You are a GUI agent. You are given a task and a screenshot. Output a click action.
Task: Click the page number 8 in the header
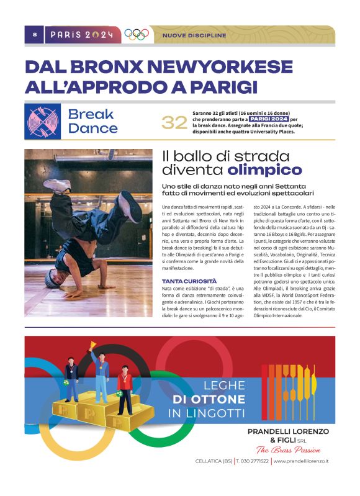click(34, 35)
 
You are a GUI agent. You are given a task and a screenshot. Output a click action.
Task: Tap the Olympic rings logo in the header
click(137, 35)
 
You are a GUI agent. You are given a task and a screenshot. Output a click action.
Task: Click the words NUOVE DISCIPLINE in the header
click(194, 35)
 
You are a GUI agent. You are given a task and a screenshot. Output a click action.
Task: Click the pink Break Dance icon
click(43, 122)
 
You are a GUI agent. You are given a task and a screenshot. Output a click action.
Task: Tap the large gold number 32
click(174, 123)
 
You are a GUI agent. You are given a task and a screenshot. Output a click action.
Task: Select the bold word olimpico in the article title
click(265, 169)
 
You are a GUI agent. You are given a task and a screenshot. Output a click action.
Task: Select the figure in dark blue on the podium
click(71, 377)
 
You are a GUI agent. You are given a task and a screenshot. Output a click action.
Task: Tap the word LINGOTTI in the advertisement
click(215, 413)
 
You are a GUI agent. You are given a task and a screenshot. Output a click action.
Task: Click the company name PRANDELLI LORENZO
click(289, 431)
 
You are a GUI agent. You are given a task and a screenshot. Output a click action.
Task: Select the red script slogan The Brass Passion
click(289, 450)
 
